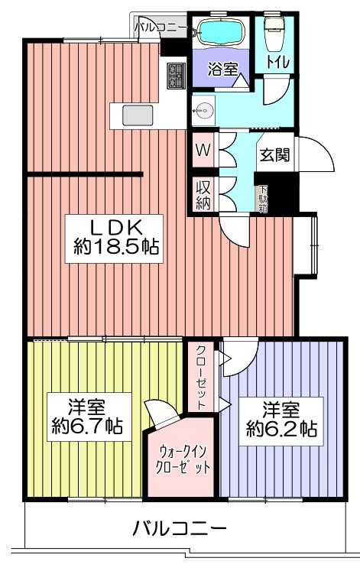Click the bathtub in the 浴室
point(220,32)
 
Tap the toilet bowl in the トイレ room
point(274,34)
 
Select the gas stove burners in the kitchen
point(176,76)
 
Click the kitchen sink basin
point(138,115)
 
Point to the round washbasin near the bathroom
point(203,110)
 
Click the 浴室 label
point(222,69)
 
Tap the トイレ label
point(277,62)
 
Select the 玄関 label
point(274,154)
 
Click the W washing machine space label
point(203,150)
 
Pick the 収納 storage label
point(203,195)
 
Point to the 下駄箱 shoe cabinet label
point(263,199)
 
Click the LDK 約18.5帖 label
point(115,238)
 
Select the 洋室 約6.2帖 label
point(281,421)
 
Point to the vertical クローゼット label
point(201,378)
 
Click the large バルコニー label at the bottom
point(180,528)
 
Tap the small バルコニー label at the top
point(161,27)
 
